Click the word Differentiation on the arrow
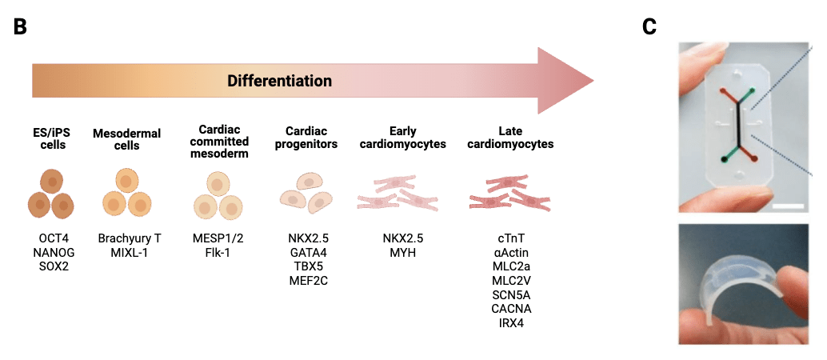(279, 81)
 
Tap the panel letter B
(20, 27)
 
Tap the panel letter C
(649, 27)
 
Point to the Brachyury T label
(130, 238)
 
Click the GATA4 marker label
(308, 252)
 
